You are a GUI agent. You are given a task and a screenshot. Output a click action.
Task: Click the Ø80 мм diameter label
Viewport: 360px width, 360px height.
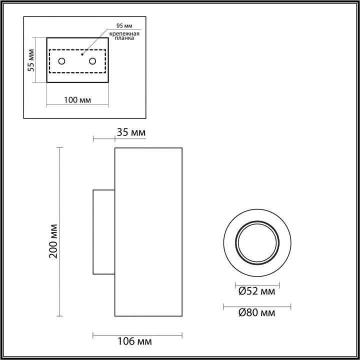tap(257, 313)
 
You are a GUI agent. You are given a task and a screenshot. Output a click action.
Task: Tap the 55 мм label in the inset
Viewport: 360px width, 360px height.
tap(30, 60)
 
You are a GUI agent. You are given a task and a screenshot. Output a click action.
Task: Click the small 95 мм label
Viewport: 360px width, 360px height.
tap(121, 25)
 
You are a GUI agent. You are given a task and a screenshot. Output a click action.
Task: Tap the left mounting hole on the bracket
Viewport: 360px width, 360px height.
tap(61, 61)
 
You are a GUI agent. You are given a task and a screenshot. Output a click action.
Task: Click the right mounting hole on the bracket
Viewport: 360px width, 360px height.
tap(92, 61)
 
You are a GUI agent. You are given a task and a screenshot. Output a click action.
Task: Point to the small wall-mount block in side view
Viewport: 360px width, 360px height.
tap(104, 232)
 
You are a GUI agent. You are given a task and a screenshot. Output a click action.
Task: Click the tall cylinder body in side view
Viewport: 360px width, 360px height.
tap(148, 232)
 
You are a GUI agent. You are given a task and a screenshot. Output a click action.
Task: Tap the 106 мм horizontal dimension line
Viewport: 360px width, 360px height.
tap(137, 334)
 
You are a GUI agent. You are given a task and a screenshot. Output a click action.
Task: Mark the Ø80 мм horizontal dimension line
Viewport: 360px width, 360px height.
tap(257, 305)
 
